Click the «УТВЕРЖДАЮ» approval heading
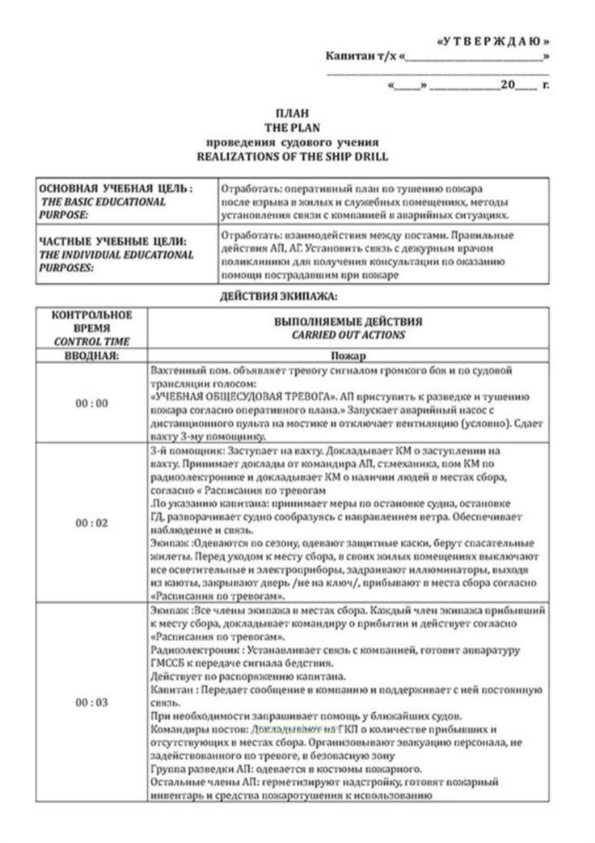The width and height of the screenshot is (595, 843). coord(493,41)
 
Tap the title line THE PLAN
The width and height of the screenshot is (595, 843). coord(292,128)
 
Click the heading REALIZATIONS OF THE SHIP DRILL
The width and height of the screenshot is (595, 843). coord(292,156)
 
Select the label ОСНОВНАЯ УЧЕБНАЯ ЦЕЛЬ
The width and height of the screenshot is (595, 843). coord(116,189)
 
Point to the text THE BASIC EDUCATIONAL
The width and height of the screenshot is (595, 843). coord(103,201)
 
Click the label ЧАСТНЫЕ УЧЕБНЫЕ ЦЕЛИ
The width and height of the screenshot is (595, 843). coord(113,241)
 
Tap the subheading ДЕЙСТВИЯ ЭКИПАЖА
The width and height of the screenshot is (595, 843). coord(278,296)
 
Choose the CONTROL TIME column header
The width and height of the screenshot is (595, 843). coord(91,341)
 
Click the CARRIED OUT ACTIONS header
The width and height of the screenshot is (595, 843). coord(348,335)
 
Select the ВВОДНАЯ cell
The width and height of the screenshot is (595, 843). coord(91,356)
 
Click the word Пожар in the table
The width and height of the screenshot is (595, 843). coord(348,356)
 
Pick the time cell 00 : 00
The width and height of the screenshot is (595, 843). coord(91,403)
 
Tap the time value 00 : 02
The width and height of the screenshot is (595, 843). coord(91,523)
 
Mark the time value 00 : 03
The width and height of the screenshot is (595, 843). coord(91,702)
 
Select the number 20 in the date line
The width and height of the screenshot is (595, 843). coord(508,85)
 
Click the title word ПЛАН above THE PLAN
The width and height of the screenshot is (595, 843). coord(292,113)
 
